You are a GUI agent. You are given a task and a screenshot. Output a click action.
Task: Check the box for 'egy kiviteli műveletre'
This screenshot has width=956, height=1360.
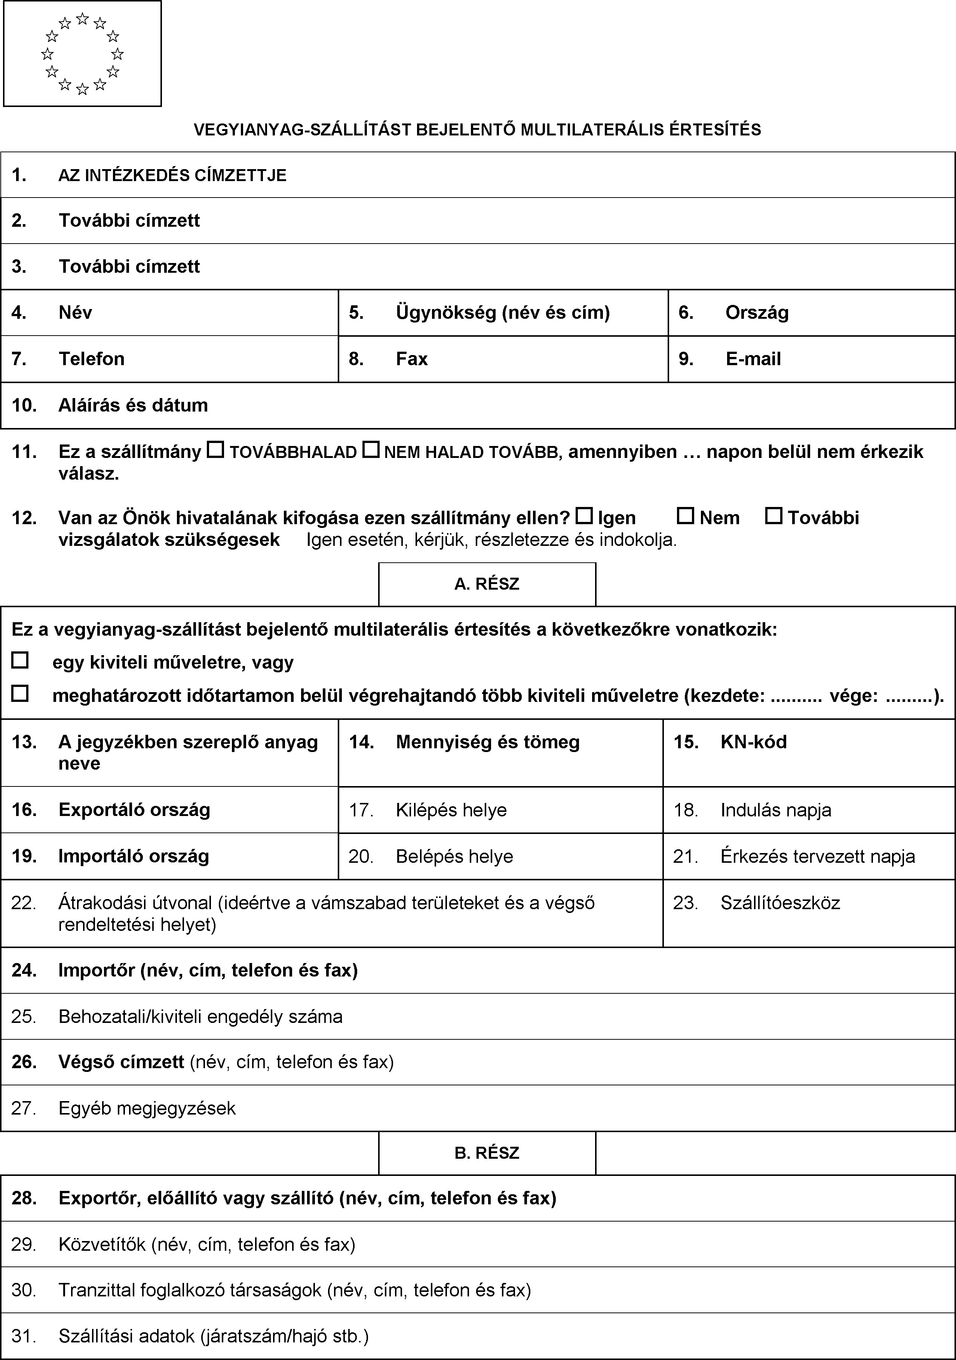[x=20, y=660]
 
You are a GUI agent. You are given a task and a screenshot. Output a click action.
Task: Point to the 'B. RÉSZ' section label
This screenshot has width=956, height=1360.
[x=487, y=1153]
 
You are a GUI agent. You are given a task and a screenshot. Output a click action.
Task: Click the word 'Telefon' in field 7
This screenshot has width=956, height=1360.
[x=92, y=359]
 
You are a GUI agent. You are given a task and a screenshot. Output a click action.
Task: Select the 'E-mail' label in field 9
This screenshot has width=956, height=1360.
[x=753, y=359]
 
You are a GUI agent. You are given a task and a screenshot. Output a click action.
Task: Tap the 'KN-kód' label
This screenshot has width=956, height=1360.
[x=753, y=742]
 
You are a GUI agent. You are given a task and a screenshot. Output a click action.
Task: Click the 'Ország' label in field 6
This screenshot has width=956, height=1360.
[x=757, y=313]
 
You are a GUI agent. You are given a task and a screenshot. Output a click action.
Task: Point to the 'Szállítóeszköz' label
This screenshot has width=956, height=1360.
[x=780, y=903]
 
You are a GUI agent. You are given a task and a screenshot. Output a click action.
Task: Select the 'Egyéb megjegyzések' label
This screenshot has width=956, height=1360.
[x=147, y=1108]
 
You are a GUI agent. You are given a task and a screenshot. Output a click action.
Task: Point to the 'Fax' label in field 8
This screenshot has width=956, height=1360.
[x=412, y=359]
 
